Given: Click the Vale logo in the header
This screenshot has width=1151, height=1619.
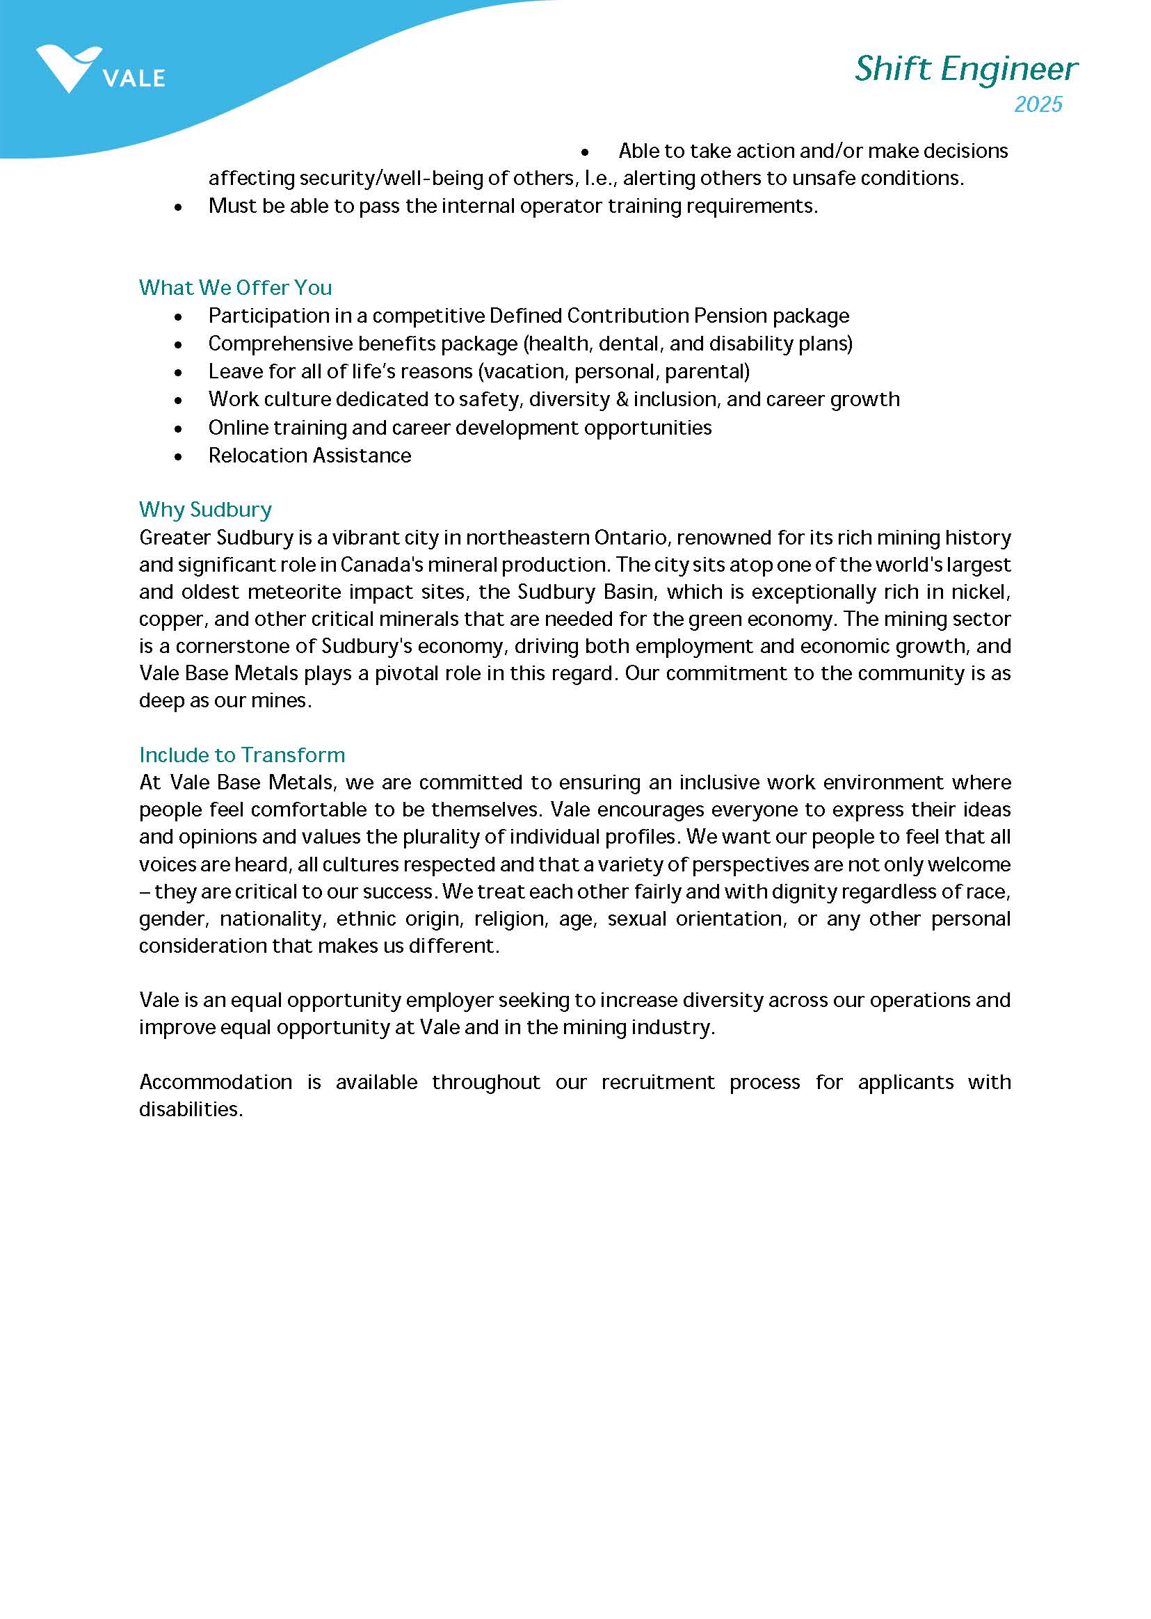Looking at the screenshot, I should [99, 70].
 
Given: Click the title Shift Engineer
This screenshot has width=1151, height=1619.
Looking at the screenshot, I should [966, 70].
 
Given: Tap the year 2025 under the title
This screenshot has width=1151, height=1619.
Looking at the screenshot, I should [1038, 104].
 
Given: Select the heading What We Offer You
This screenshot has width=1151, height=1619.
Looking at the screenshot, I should [235, 288].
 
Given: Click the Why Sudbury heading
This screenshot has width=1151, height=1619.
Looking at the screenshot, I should [206, 510].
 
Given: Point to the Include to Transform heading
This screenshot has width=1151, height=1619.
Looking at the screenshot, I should [242, 755].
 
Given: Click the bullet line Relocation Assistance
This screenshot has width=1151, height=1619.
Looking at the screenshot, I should [309, 456].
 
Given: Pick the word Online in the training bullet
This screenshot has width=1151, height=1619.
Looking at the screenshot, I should [237, 428].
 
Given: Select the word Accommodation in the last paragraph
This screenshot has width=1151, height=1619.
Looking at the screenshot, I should [216, 1082].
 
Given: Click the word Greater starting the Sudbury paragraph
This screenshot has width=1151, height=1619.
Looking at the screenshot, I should [175, 538].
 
